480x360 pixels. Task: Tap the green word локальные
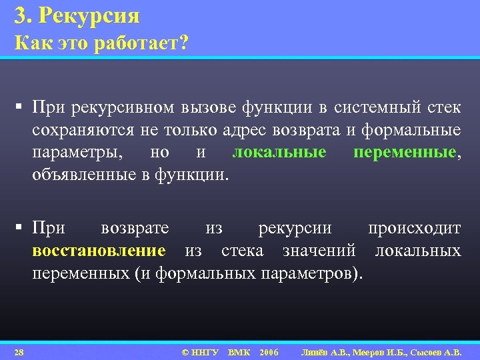tap(279, 153)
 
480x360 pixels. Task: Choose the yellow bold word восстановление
tap(99, 251)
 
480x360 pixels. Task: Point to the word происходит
tap(414, 228)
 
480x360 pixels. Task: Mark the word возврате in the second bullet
tap(135, 228)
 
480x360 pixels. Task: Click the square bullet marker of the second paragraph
tap(21, 229)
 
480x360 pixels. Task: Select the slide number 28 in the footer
tap(19, 351)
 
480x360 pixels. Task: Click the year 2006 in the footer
tap(269, 351)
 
